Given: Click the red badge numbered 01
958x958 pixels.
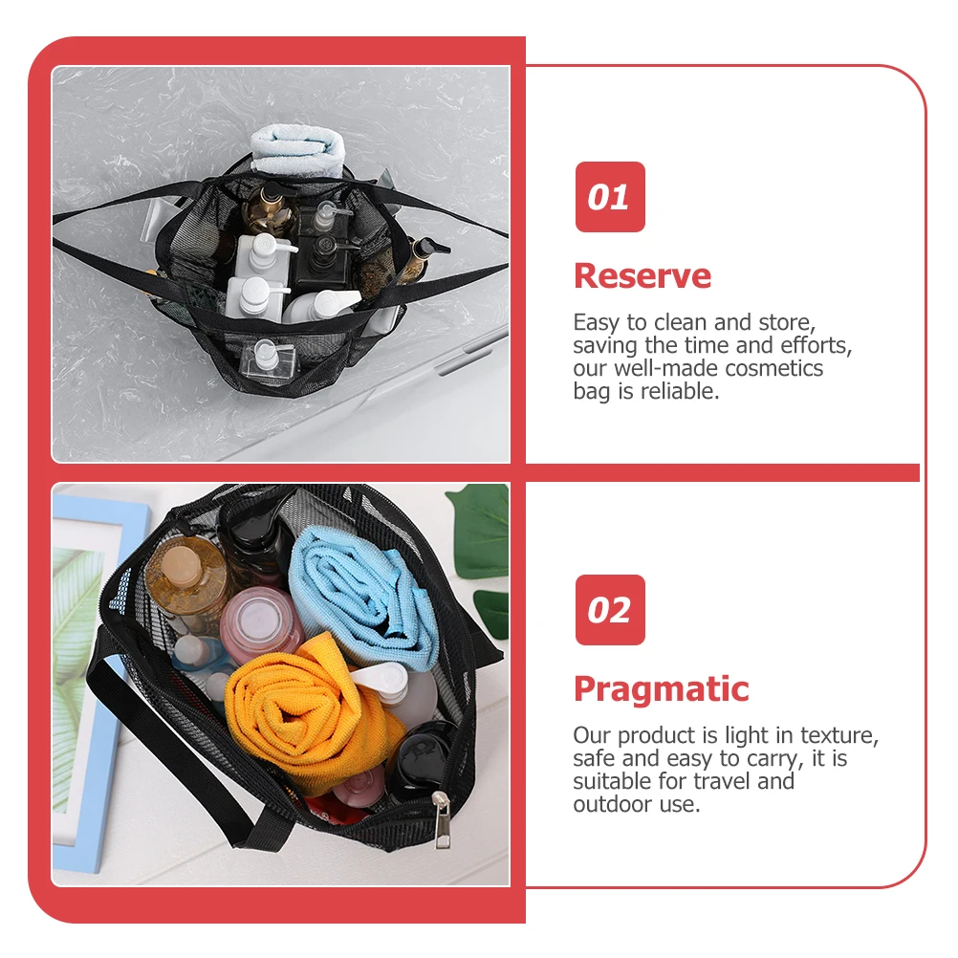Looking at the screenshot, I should click(x=609, y=197).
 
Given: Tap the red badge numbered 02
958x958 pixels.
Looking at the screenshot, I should click(x=609, y=610).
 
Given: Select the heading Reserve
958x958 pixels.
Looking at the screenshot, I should click(x=642, y=276).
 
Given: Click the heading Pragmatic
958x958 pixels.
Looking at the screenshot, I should click(x=661, y=689).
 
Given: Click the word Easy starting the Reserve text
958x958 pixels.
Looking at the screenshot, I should click(x=597, y=322).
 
